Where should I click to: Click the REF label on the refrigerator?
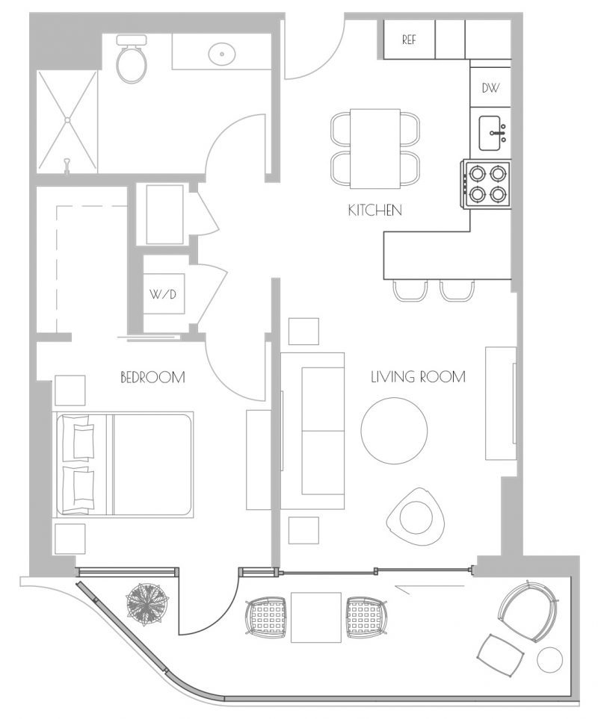[x=409, y=40]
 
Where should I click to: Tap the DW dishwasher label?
[x=490, y=87]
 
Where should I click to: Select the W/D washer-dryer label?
[x=163, y=294]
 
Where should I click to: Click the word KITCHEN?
[x=375, y=211]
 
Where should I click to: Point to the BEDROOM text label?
[x=152, y=377]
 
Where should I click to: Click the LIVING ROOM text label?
[x=418, y=377]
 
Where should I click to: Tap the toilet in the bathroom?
[x=132, y=59]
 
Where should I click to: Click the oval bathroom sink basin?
[x=223, y=54]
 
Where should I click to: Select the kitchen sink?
[x=490, y=133]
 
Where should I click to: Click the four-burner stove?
[x=487, y=184]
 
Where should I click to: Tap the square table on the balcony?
[x=316, y=617]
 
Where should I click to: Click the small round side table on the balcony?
[x=549, y=660]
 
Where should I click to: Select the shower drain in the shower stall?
[x=67, y=120]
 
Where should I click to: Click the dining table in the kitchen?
[x=375, y=149]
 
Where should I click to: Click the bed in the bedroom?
[x=123, y=464]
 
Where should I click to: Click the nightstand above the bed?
[x=70, y=390]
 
